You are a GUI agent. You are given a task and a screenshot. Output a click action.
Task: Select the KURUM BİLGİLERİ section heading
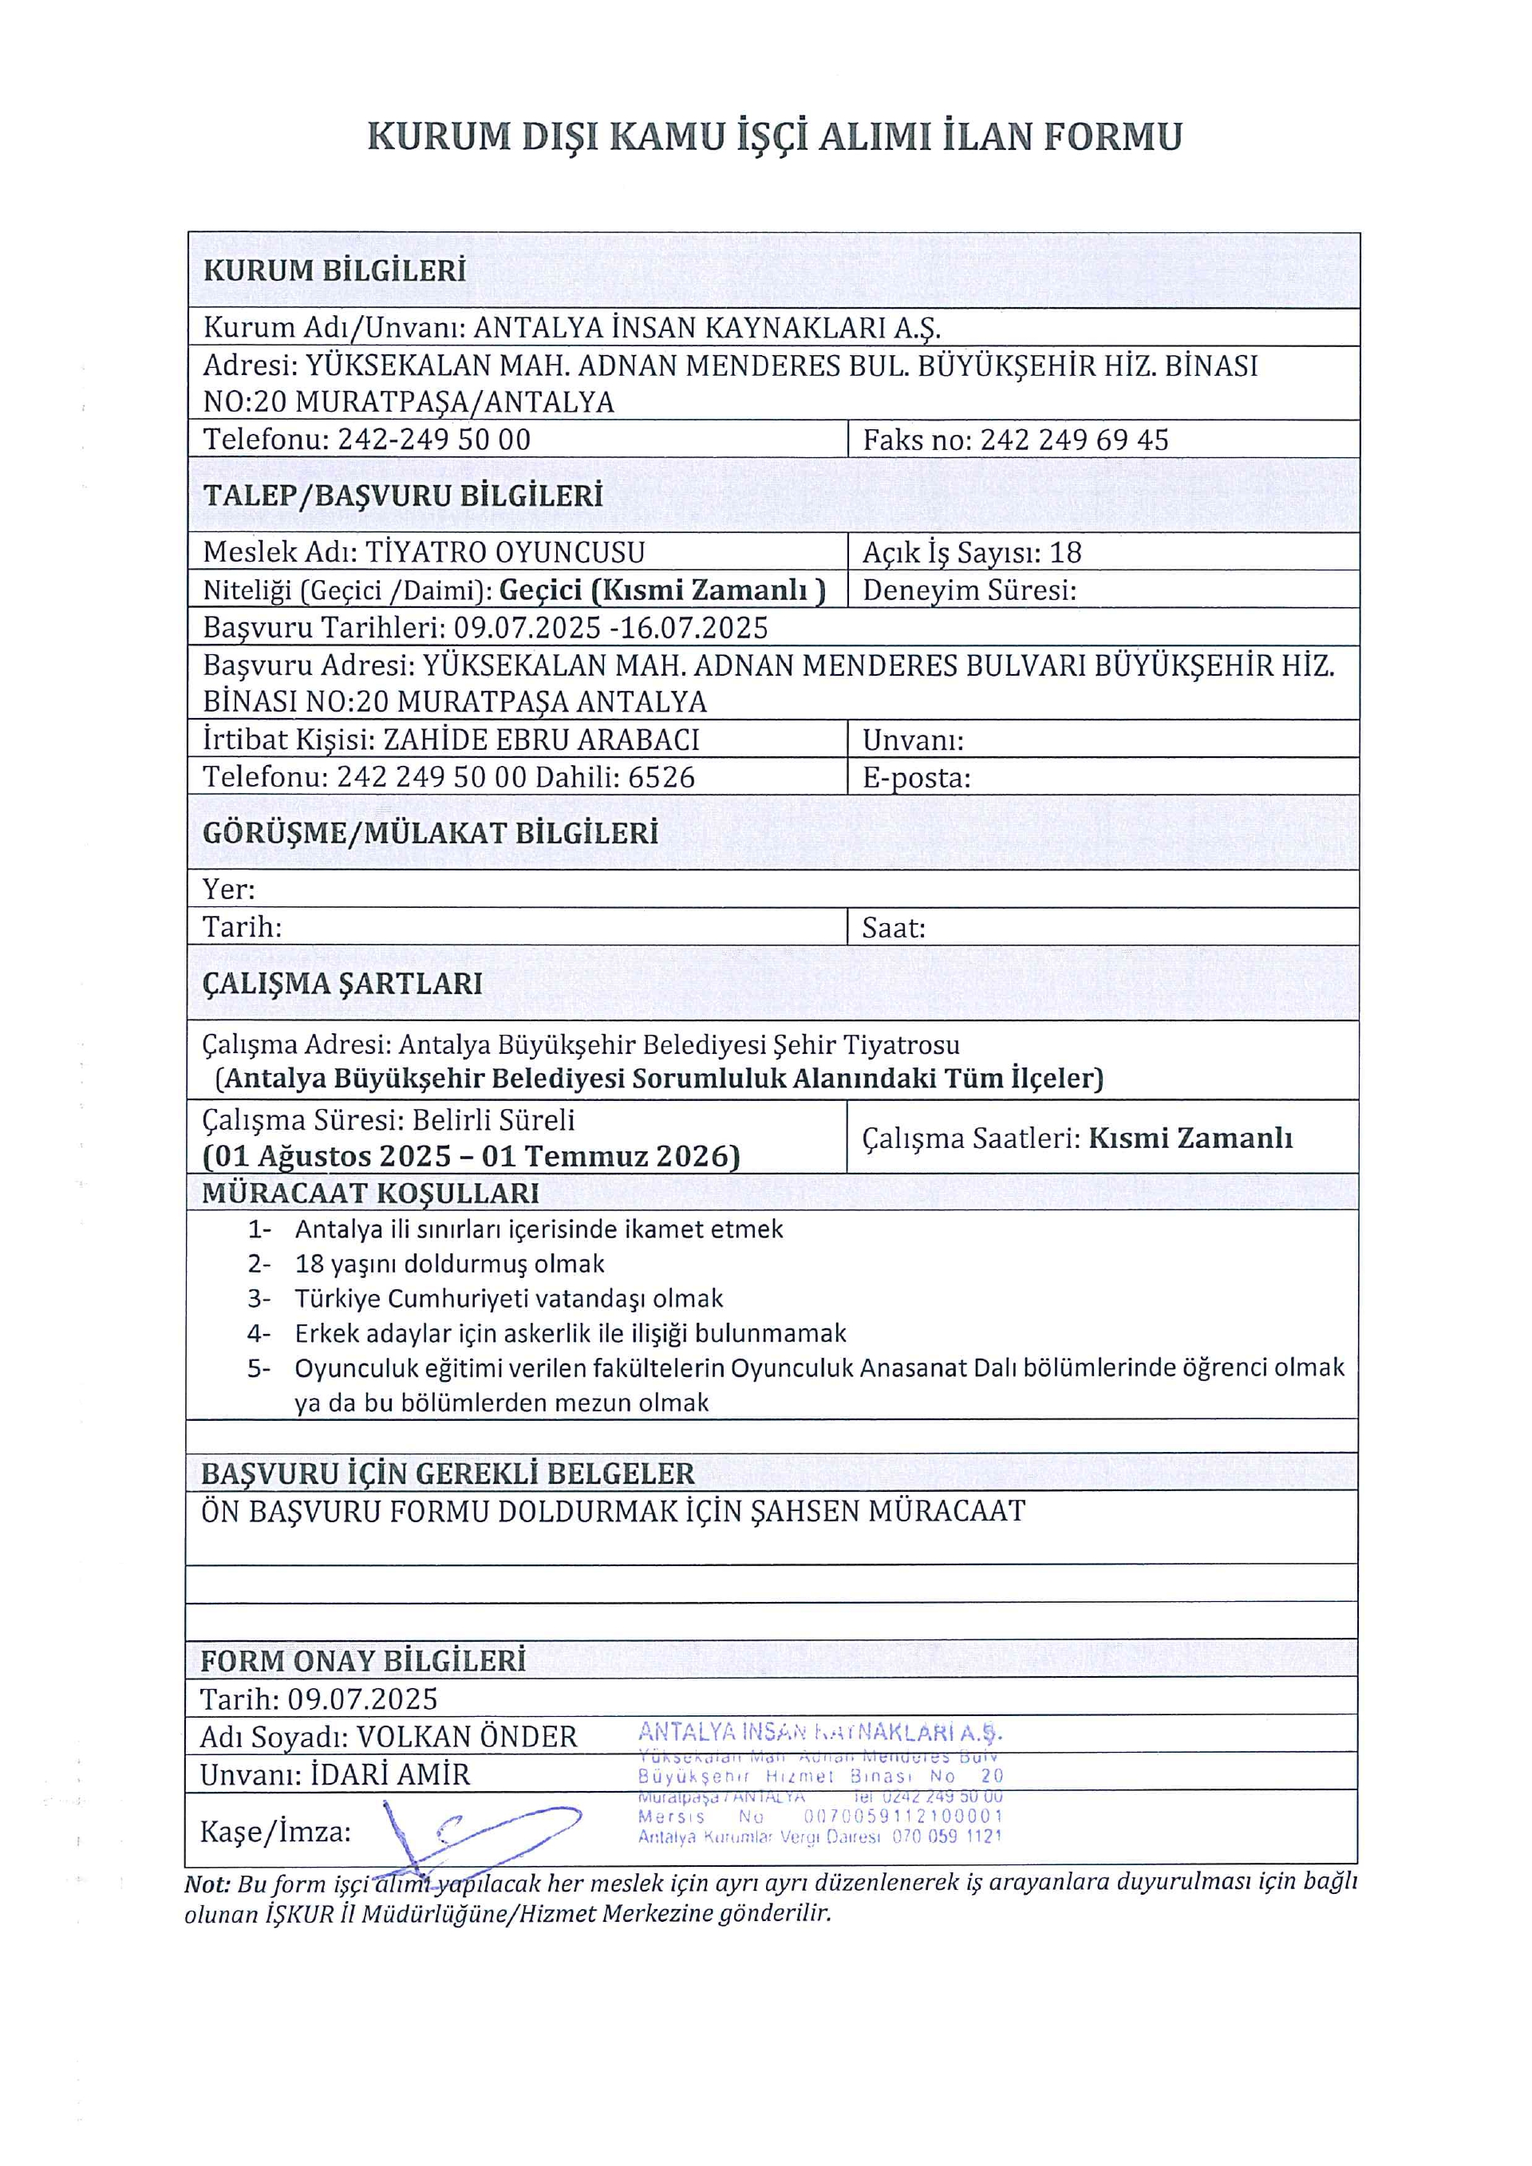[335, 270]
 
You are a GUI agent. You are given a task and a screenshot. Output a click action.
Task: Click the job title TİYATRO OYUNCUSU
[505, 552]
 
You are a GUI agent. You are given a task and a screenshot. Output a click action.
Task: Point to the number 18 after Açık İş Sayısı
[1065, 552]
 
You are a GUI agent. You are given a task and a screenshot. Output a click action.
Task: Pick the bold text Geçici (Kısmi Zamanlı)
[661, 590]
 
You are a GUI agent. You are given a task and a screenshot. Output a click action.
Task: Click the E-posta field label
[915, 777]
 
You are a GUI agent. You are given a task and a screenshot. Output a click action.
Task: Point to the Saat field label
[892, 927]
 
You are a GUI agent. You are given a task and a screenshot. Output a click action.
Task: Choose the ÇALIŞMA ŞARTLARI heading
[342, 983]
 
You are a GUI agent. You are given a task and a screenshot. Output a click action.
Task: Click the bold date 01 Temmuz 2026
[610, 1156]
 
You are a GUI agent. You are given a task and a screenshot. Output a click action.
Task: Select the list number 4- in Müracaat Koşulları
[259, 1333]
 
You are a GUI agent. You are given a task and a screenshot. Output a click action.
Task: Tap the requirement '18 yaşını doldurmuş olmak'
[449, 1264]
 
